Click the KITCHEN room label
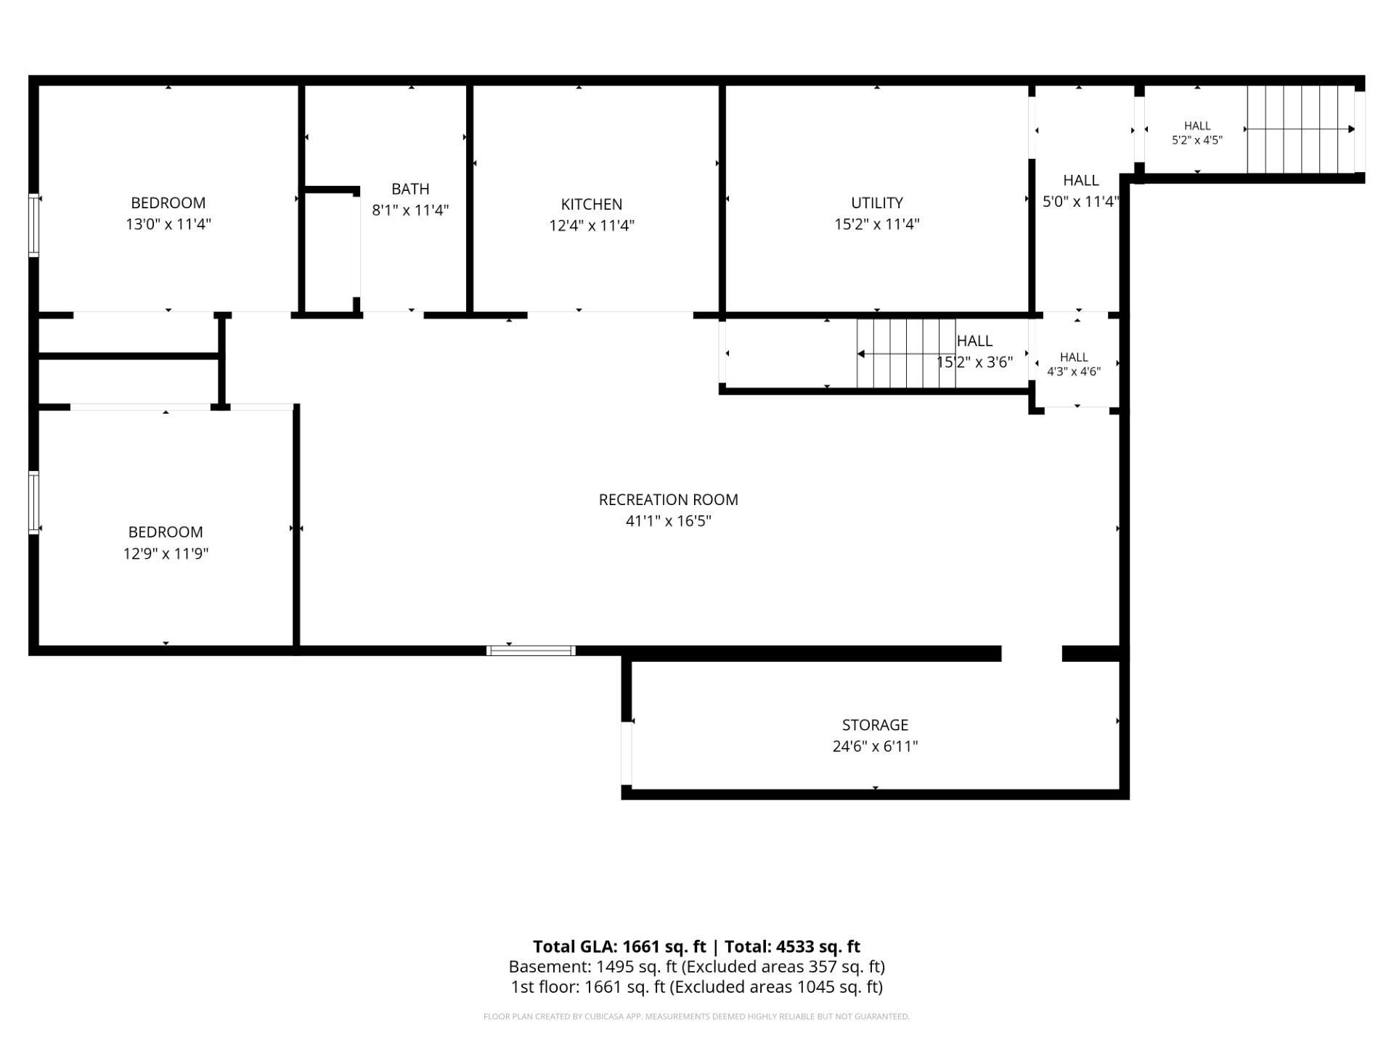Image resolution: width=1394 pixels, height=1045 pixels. point(592,205)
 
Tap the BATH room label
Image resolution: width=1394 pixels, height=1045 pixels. point(410,189)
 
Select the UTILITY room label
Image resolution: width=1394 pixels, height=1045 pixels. point(877,203)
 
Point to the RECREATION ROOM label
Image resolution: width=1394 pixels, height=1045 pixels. point(669,500)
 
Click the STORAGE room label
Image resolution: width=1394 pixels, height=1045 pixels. point(875,725)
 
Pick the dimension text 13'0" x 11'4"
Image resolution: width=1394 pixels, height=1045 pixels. point(168,224)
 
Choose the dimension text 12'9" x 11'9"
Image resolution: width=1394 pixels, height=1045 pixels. point(166,554)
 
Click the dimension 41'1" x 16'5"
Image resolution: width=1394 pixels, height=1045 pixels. point(669,521)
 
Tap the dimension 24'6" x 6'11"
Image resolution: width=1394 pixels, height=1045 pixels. point(875,746)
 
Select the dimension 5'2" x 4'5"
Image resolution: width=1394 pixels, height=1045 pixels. point(1197,140)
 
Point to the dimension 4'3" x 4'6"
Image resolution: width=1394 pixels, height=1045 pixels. point(1074,372)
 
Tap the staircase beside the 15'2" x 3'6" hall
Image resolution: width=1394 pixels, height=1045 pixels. point(906,353)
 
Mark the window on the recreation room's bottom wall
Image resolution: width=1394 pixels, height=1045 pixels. point(531,650)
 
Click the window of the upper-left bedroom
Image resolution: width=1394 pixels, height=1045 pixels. point(33,225)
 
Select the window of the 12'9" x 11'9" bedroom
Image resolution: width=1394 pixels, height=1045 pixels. point(33,503)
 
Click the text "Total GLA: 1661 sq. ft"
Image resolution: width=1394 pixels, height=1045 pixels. point(619,946)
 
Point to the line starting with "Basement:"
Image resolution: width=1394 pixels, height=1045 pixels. point(696,967)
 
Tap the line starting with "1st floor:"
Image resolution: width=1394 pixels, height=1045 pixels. point(696,987)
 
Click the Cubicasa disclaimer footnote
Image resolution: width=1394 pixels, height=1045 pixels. point(696,1017)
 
